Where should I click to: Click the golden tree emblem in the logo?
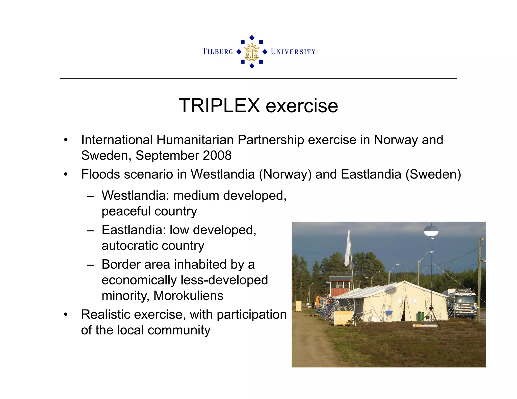[x=252, y=52]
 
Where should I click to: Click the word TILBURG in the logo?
[x=218, y=51]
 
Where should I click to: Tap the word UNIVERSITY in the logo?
[x=293, y=52]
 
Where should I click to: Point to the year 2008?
[x=217, y=155]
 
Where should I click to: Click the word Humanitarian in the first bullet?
[x=195, y=140]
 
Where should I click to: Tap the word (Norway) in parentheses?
[x=285, y=174]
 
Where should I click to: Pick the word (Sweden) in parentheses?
[x=433, y=174]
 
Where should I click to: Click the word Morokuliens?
[x=188, y=296]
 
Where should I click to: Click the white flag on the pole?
[x=348, y=250]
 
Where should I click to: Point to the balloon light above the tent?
[x=431, y=231]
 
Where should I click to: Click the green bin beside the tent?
[x=421, y=316]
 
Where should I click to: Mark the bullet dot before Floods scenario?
[x=66, y=174]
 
